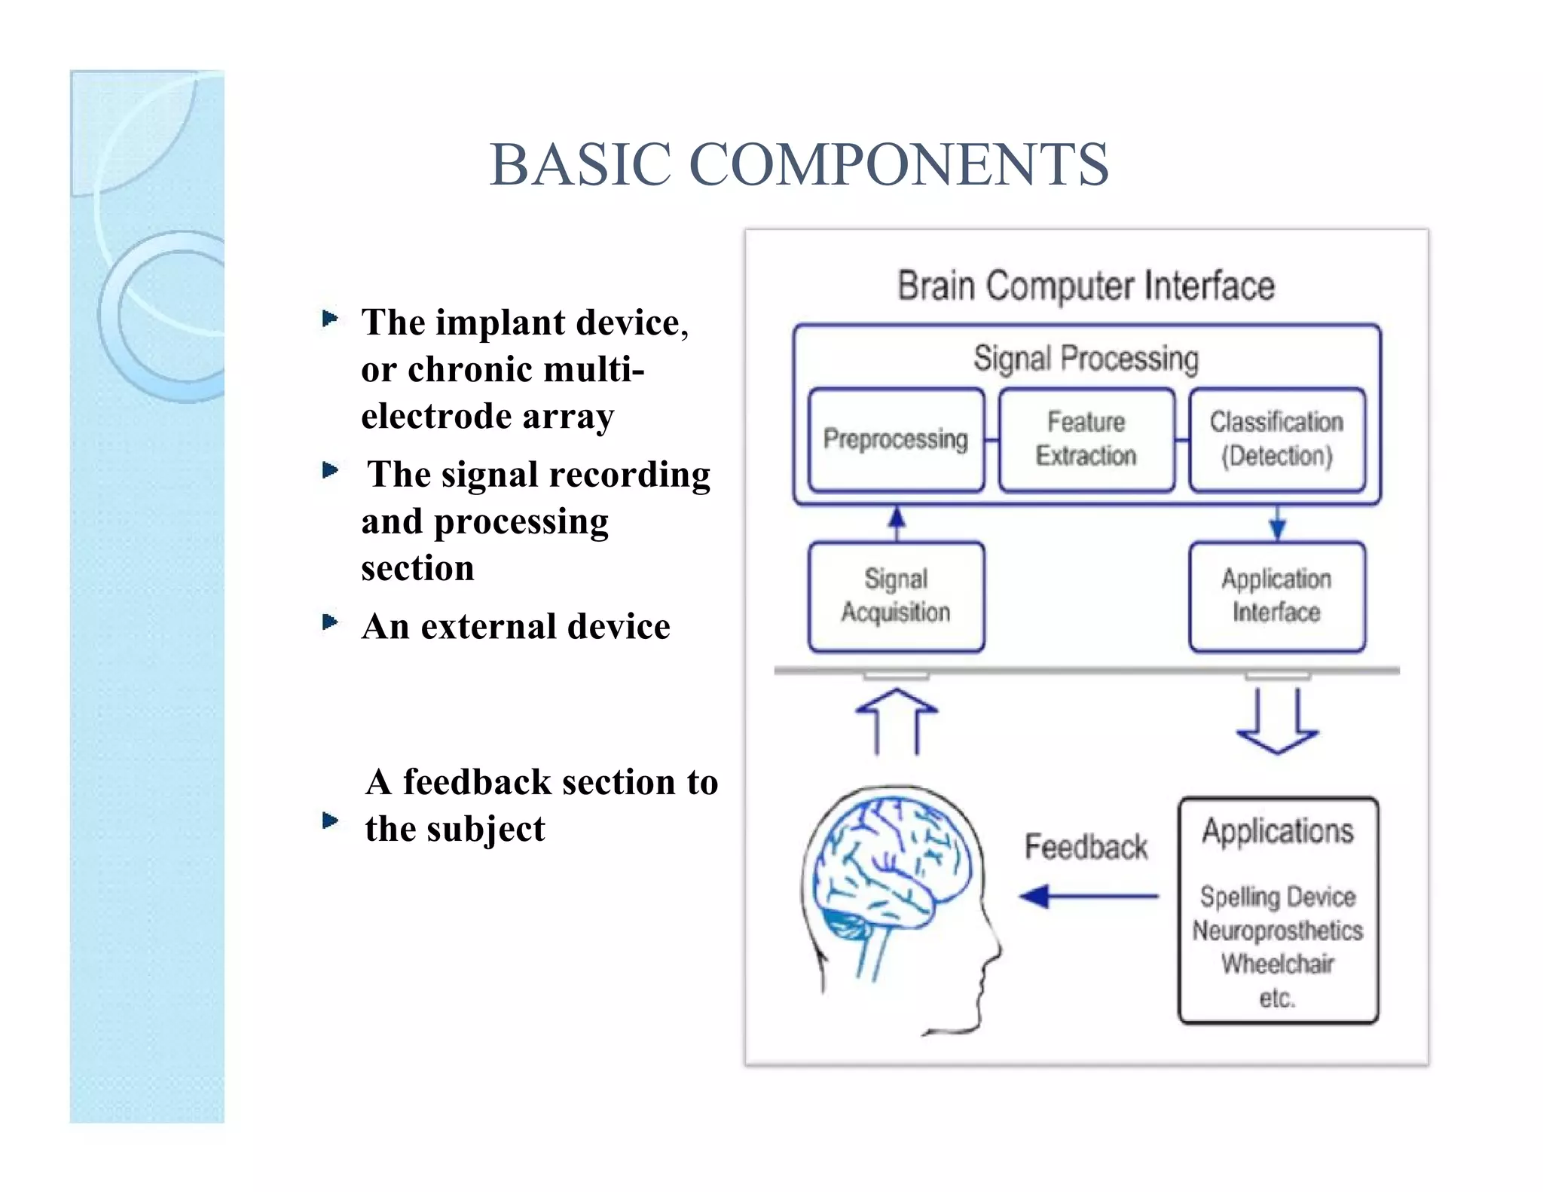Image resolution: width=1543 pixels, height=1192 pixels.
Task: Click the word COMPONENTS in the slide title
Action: coord(898,165)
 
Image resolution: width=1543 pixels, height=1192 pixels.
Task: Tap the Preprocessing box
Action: coord(896,439)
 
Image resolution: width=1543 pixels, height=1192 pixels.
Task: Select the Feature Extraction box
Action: coord(1086,439)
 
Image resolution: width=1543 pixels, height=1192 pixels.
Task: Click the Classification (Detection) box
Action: coord(1277,439)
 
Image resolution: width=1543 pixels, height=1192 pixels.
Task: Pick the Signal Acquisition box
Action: coord(896,595)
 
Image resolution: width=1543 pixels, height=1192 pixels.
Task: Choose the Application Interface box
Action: coord(1277,595)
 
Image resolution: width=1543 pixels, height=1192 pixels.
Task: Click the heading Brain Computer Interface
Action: coord(1086,286)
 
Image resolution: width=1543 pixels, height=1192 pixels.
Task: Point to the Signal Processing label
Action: coord(1086,359)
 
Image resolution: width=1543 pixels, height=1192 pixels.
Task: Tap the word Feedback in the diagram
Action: coord(1086,848)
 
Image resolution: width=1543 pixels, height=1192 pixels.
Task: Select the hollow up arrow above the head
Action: coord(897,721)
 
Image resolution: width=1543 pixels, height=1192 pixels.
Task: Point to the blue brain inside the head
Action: coord(889,866)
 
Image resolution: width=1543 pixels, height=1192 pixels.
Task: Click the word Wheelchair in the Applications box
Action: coord(1278,964)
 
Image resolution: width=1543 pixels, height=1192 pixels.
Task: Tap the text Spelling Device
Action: coord(1278,897)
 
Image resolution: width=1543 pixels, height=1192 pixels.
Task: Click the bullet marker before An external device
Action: coord(329,622)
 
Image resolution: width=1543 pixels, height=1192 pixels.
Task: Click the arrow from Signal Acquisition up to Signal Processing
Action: coord(897,523)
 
